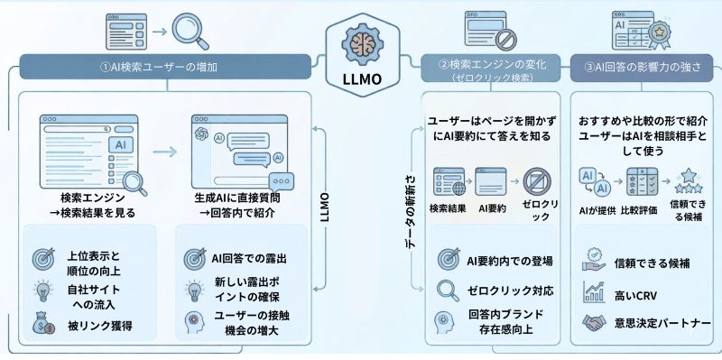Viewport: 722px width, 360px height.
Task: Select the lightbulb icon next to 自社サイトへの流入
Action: coord(43,290)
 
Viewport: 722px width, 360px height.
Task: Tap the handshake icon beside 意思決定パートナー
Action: coord(592,322)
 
